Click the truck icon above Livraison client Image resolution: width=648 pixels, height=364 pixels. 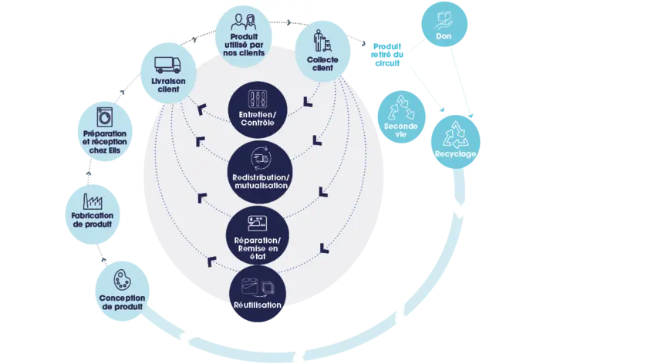pos(167,65)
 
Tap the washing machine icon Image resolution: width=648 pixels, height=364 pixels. pos(105,117)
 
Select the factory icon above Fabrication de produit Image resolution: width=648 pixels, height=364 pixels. pos(93,201)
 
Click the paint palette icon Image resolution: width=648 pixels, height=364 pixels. pos(122,280)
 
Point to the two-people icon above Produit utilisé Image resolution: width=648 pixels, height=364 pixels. pos(244,22)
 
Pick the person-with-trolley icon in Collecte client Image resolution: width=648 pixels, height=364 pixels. pos(322,41)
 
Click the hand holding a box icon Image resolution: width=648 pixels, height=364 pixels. pos(444,21)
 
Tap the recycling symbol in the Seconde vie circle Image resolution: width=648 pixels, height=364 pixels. pos(401,108)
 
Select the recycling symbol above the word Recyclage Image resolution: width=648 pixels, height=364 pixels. pos(455,134)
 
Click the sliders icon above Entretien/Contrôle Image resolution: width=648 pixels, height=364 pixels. pos(258,99)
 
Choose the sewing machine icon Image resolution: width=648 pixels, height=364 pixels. pos(257,223)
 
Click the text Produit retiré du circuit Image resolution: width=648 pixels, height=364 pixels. pos(387,55)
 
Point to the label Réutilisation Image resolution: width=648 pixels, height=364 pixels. pos(258,305)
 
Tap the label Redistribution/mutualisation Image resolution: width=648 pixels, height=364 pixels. pos(261,181)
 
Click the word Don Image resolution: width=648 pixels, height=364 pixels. pos(444,36)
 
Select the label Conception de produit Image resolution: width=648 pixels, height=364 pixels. pos(122,302)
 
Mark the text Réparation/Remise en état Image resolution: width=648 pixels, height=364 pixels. pos(257,248)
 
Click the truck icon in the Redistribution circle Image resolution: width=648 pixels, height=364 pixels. pos(261,158)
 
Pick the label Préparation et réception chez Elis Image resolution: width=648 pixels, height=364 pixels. pos(105,142)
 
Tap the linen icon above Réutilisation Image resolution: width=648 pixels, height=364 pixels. pos(258,287)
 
